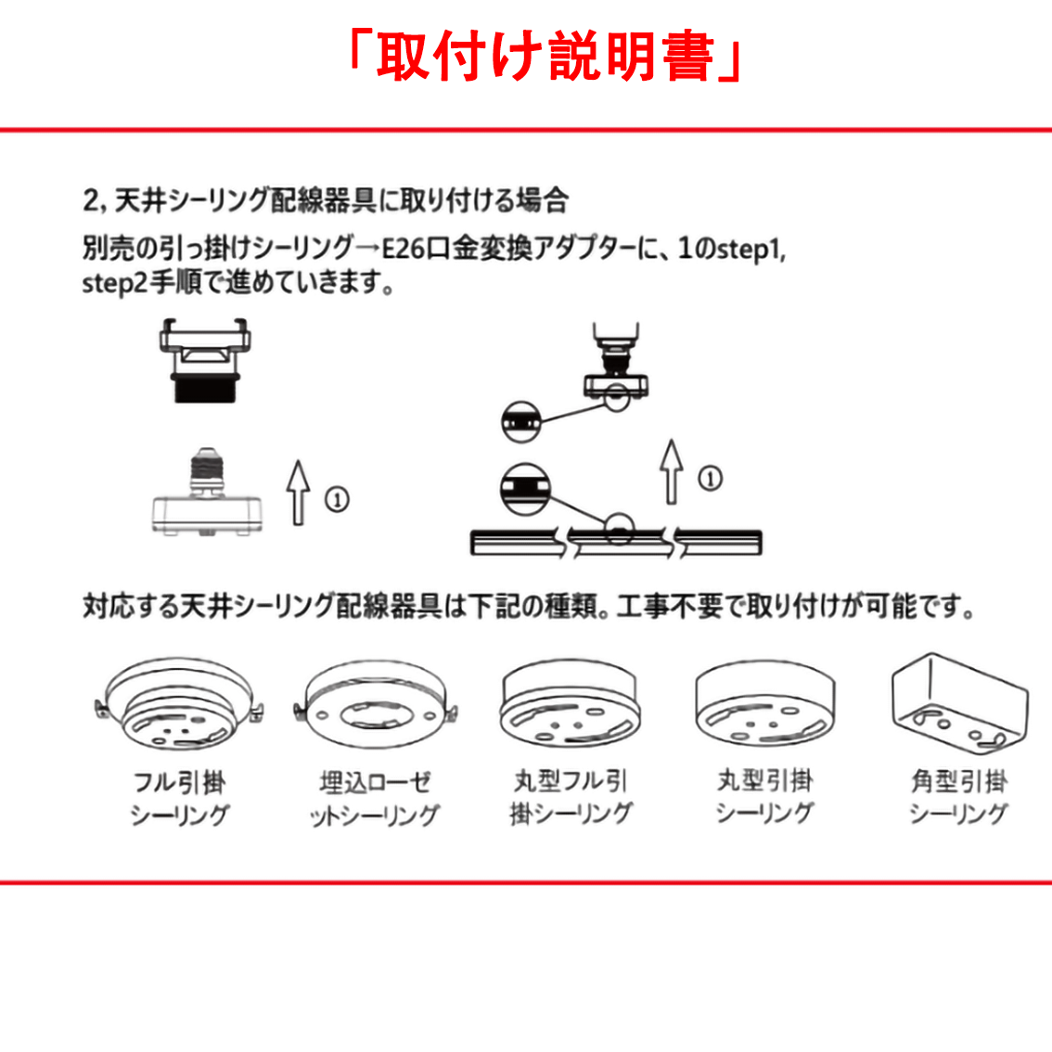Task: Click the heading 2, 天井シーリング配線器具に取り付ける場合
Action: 326,200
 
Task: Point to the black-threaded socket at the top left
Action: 205,360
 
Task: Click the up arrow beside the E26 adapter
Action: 298,492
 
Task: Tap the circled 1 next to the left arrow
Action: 337,499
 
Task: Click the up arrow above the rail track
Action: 671,471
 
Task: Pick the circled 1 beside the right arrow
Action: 710,479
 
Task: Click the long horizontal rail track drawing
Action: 616,543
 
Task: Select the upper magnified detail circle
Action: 521,421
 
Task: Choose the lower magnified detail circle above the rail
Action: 525,488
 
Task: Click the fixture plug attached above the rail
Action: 616,365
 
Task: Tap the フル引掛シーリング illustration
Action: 179,703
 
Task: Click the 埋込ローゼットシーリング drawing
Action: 376,704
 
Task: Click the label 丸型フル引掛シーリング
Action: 571,797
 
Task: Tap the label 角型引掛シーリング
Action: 959,797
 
